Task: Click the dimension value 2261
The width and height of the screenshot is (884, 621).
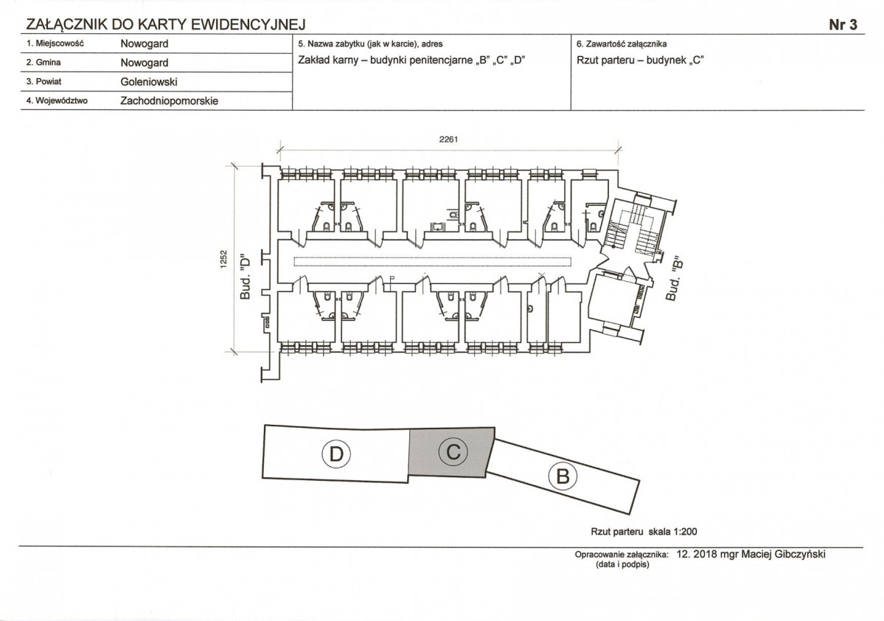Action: tap(448, 139)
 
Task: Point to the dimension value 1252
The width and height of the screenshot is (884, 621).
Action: tap(223, 260)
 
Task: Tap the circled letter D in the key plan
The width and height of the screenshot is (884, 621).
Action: tap(336, 454)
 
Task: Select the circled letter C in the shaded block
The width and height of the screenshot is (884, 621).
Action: tap(453, 451)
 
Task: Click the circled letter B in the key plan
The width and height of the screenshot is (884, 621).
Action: tap(563, 476)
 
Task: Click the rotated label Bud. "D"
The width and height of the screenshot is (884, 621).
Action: tap(246, 276)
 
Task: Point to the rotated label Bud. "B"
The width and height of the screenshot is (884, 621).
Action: tap(674, 280)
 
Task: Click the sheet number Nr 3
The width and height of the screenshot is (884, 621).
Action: tap(843, 25)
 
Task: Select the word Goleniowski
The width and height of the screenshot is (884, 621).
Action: tap(149, 82)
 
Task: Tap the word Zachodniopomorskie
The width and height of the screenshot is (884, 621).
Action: tap(169, 101)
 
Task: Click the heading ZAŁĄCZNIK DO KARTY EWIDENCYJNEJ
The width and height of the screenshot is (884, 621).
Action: tap(166, 25)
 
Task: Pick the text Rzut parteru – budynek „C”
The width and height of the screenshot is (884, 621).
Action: tap(640, 60)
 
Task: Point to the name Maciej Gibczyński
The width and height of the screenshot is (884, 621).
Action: tap(783, 555)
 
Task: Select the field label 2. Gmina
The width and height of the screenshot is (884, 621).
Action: tap(43, 63)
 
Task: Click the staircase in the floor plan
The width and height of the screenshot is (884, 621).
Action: tap(630, 229)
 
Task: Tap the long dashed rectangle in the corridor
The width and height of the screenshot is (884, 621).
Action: tap(434, 261)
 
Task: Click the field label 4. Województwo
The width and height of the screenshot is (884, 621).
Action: tap(56, 101)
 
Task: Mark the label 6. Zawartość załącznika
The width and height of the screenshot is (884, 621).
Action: tap(622, 44)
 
